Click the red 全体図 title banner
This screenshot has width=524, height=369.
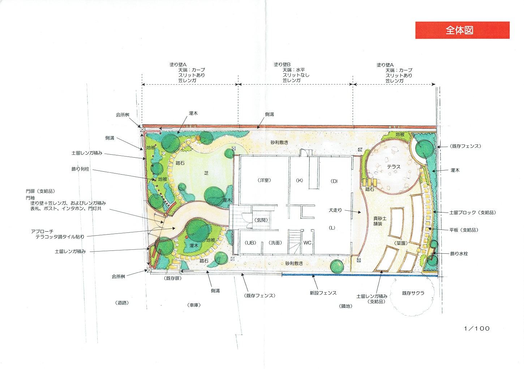pyautogui.click(x=462, y=30)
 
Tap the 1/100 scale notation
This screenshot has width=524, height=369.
pyautogui.click(x=477, y=329)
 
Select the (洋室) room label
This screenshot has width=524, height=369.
pyautogui.click(x=264, y=180)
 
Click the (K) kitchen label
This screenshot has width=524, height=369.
pyautogui.click(x=300, y=180)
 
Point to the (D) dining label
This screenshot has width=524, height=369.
pyautogui.click(x=334, y=181)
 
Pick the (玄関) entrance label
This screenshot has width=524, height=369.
pyautogui.click(x=261, y=220)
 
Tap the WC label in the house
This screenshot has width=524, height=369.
pyautogui.click(x=307, y=243)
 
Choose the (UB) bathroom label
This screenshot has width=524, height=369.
pyautogui.click(x=250, y=243)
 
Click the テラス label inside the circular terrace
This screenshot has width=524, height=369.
pyautogui.click(x=394, y=167)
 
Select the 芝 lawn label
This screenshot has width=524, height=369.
pyautogui.click(x=206, y=173)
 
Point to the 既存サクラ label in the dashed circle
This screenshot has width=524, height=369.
pyautogui.click(x=413, y=293)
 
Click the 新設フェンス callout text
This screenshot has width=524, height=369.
pyautogui.click(x=323, y=293)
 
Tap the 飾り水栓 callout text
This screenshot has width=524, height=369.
pyautogui.click(x=459, y=253)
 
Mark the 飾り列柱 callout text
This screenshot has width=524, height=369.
pyautogui.click(x=80, y=169)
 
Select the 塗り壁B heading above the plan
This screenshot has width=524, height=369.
pyautogui.click(x=282, y=64)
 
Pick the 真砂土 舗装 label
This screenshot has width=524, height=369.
pyautogui.click(x=380, y=221)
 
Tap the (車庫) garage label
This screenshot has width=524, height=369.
pyautogui.click(x=194, y=305)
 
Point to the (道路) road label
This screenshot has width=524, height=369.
pyautogui.click(x=122, y=303)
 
